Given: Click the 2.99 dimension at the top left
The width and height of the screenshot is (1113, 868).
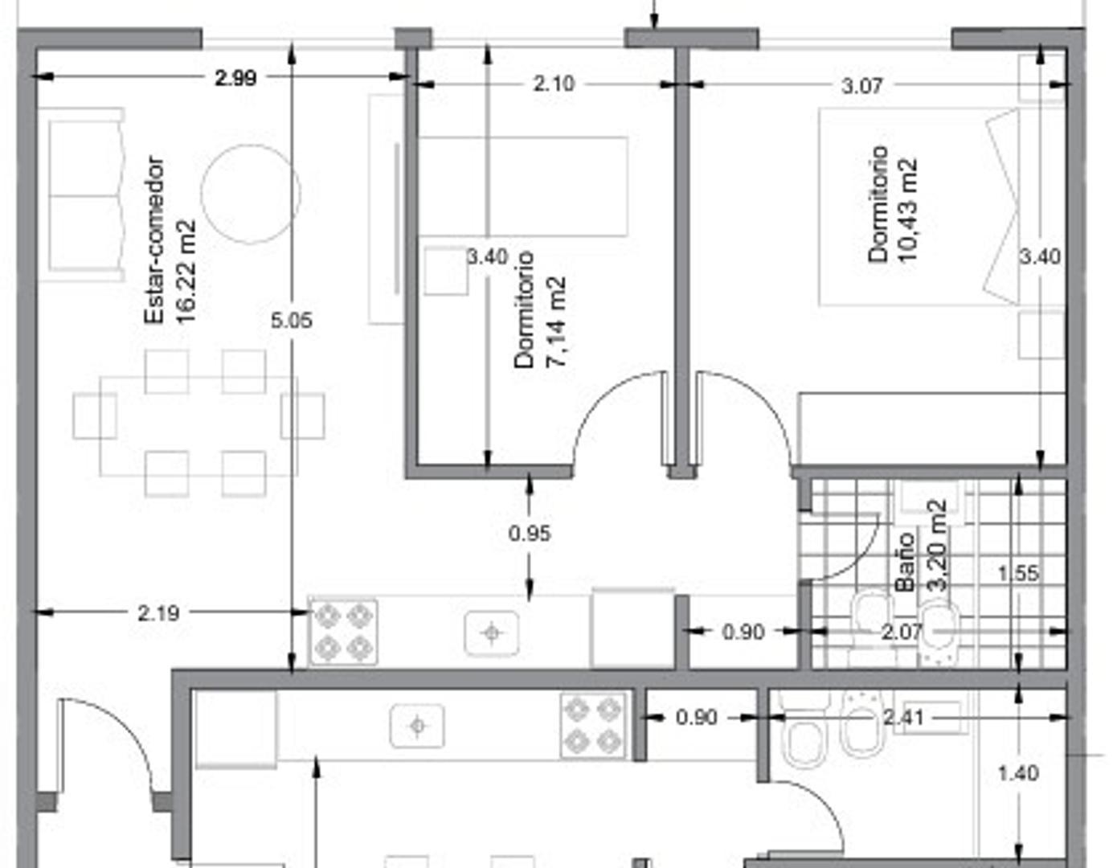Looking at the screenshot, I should pos(235,78).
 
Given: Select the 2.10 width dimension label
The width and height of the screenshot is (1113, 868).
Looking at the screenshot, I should pos(554,84).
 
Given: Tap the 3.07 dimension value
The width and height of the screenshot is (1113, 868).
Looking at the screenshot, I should pos(862,85).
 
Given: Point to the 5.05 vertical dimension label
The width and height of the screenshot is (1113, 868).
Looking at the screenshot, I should pos(291,321).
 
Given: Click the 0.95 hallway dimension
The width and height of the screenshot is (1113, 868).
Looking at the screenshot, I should pos(530,533).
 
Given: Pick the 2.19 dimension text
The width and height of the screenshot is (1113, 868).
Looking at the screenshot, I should pos(158,613).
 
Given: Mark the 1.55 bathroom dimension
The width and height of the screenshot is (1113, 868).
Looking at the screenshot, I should pos(1017,573).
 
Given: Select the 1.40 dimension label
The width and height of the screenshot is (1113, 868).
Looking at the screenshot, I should pos(1017,773).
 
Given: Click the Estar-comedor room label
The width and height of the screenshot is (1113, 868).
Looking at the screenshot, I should pos(153,240).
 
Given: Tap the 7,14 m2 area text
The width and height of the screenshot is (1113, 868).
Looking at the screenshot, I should pos(556,322).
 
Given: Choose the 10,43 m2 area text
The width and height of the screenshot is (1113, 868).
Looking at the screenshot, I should pos(907,210).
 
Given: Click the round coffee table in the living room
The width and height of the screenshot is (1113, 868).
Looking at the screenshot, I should pos(251,194).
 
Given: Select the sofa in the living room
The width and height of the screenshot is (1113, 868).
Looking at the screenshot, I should pos(86,195).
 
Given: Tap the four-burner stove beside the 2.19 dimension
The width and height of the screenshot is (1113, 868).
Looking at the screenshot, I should pos(343,633).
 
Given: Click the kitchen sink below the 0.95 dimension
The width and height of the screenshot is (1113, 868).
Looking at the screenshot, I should pos(491,633).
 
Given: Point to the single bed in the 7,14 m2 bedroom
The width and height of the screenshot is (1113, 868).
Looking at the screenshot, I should pos(522,186).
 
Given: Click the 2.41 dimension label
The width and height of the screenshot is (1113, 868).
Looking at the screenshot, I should pos(903,717).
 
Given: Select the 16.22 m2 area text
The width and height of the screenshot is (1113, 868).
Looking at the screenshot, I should pos(186,272).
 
